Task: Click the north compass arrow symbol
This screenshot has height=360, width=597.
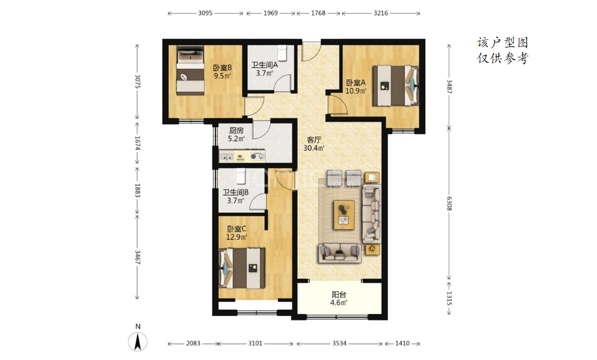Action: (138, 341)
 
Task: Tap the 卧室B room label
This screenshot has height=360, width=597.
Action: (222, 68)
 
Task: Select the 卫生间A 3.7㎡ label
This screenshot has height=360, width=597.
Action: (265, 69)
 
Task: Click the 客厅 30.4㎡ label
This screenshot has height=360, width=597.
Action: (314, 144)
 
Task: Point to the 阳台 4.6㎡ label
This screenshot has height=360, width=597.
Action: (339, 299)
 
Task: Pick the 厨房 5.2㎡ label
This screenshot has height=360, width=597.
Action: (236, 134)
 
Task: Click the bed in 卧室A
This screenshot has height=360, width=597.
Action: (396, 86)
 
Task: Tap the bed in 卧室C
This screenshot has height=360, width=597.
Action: (242, 268)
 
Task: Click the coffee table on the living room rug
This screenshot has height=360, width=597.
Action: (344, 215)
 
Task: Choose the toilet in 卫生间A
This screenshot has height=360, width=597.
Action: (282, 53)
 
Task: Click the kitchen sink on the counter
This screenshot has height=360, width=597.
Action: (227, 156)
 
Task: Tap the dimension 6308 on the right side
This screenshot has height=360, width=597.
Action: (449, 203)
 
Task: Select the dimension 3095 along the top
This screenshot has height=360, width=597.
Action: (205, 13)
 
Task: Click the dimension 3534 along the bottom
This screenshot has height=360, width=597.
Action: (339, 343)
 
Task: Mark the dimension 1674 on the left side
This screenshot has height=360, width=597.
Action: (138, 143)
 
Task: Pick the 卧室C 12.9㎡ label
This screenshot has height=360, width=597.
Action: (237, 233)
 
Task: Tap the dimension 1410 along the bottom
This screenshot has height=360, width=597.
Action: (402, 343)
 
